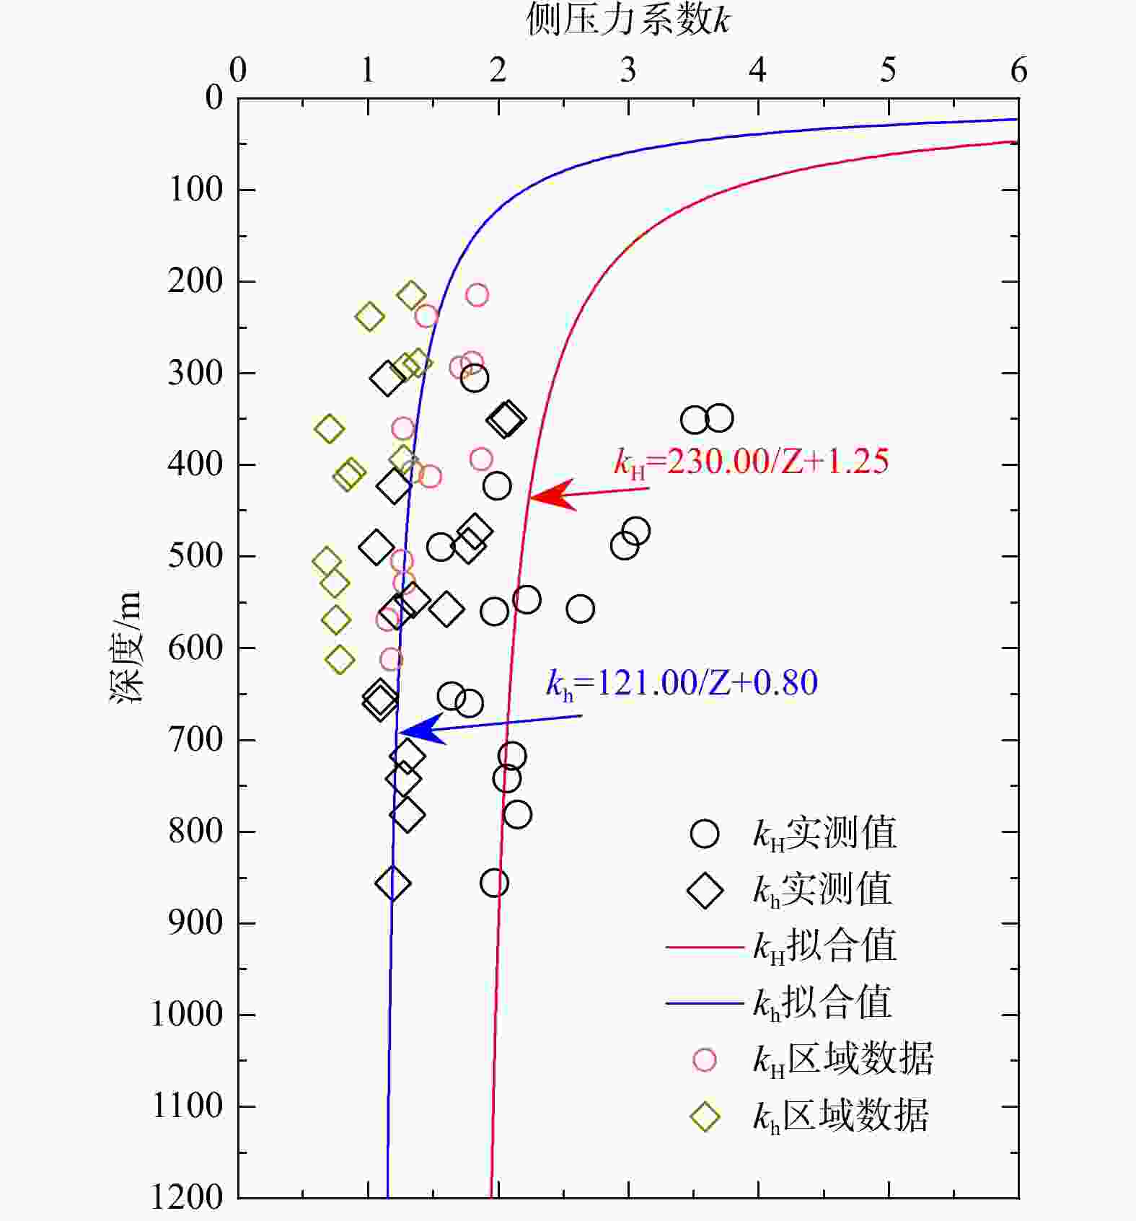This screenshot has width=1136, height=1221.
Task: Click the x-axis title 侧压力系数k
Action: pos(628,20)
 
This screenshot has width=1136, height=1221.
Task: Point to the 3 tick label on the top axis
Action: pos(628,70)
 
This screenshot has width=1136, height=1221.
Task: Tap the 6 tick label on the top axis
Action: pos(1018,70)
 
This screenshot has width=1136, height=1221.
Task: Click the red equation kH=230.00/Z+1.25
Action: pos(751,462)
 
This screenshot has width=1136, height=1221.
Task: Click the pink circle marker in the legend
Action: pos(704,1059)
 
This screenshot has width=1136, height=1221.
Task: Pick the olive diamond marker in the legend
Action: pos(705,1116)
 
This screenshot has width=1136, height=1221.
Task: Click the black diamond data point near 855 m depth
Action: pos(393,883)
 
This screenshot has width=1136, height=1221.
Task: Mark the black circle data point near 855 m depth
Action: pos(494,883)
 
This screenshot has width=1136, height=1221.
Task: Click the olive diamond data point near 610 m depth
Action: pos(340,659)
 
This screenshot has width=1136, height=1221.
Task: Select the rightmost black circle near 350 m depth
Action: pos(719,418)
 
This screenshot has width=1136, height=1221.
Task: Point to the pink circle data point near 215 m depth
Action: pos(477,294)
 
